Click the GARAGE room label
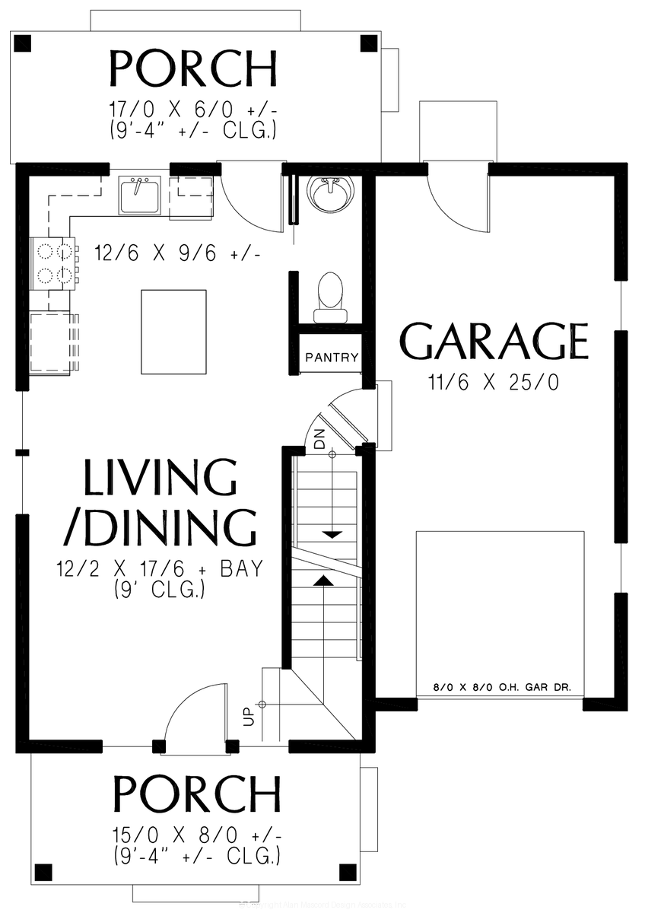click(x=494, y=342)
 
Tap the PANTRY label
click(x=332, y=358)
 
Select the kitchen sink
click(x=138, y=196)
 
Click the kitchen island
click(x=174, y=331)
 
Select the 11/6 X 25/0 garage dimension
click(x=494, y=382)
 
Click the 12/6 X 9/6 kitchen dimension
click(x=177, y=253)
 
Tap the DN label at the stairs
click(x=319, y=440)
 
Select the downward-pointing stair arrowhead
click(x=332, y=535)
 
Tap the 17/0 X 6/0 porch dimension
click(x=193, y=111)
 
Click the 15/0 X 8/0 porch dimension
click(x=196, y=837)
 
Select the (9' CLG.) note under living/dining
click(x=160, y=589)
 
